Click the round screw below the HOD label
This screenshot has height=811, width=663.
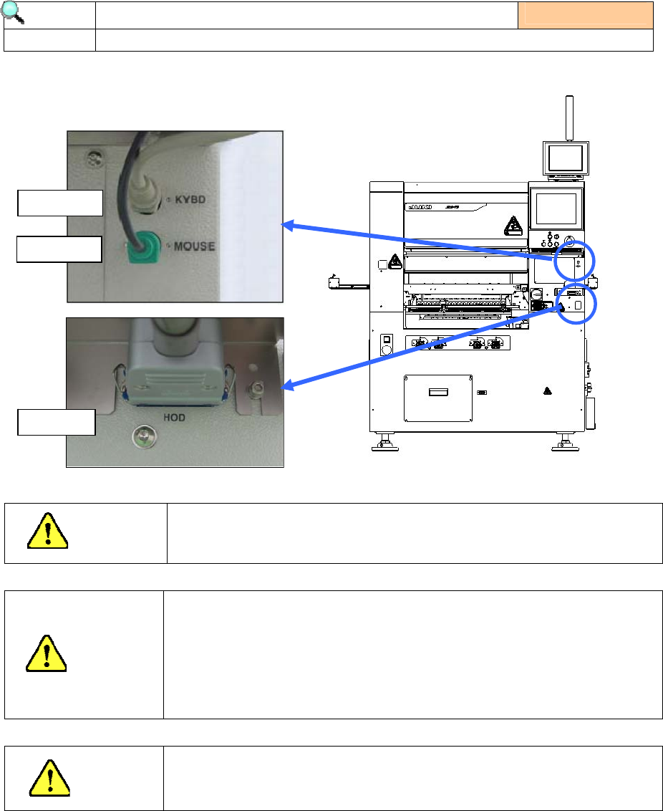[x=144, y=435]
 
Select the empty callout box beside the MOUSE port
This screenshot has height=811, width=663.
[x=59, y=249]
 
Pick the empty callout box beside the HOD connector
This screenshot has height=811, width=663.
[x=57, y=421]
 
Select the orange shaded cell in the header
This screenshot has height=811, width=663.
[x=586, y=15]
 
